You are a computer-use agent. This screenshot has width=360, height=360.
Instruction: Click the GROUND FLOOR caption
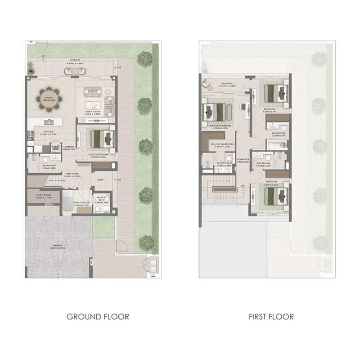click(x=98, y=316)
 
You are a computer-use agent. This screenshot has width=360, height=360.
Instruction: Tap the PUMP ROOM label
click(x=45, y=195)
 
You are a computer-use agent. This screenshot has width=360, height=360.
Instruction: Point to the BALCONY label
click(x=227, y=84)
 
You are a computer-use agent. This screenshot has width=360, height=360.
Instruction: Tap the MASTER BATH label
click(x=224, y=163)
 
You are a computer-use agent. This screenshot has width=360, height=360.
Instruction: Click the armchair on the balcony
click(x=208, y=83)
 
